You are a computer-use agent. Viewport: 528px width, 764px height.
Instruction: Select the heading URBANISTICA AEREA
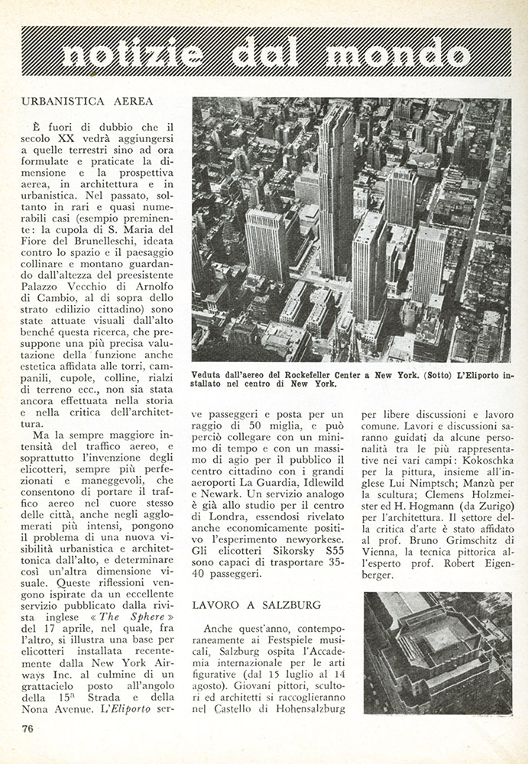click(x=88, y=101)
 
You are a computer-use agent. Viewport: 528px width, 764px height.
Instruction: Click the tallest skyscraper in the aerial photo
click(x=335, y=191)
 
